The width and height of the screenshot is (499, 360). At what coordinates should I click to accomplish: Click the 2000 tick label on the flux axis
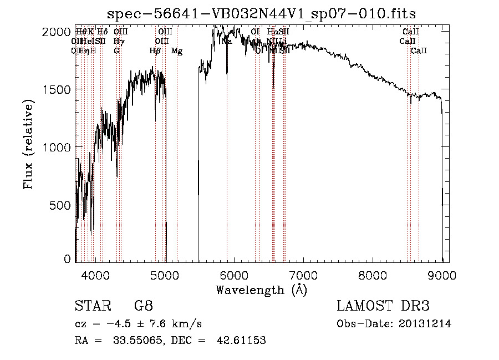click(x=57, y=32)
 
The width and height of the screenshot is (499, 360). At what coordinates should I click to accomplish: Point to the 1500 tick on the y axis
click(x=57, y=90)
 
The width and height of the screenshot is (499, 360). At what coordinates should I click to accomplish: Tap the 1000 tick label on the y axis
click(x=57, y=148)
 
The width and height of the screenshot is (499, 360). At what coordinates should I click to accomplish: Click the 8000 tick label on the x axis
click(x=373, y=274)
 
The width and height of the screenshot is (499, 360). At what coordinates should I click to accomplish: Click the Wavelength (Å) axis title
click(x=261, y=289)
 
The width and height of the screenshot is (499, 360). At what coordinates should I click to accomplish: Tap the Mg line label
click(x=177, y=51)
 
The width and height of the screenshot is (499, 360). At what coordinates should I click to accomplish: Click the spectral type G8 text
click(x=143, y=306)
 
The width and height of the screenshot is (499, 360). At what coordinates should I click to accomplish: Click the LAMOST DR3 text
click(x=383, y=306)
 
